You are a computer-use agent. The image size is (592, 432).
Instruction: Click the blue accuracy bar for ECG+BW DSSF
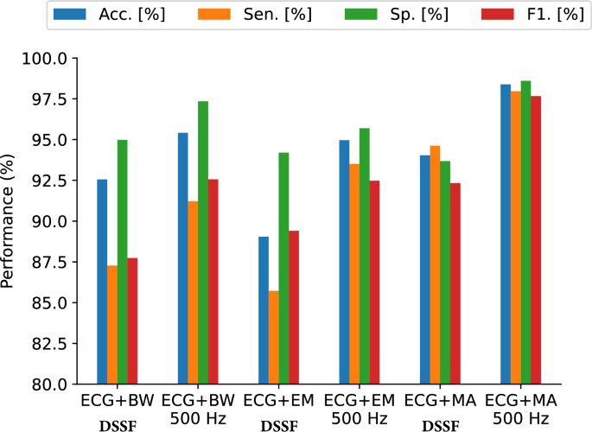coord(102,281)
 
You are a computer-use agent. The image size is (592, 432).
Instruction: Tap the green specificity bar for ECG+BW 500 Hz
coord(203,242)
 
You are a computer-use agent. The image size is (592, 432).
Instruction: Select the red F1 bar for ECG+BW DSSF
coord(132,321)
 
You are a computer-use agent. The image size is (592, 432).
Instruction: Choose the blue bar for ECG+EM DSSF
coord(264,310)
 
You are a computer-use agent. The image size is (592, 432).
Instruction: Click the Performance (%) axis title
coord(10,221)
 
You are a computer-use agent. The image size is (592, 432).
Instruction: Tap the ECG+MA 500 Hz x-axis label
coord(520,410)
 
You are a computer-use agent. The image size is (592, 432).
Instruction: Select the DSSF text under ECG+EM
coord(278,426)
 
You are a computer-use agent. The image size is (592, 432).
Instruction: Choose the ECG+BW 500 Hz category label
coord(198,410)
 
